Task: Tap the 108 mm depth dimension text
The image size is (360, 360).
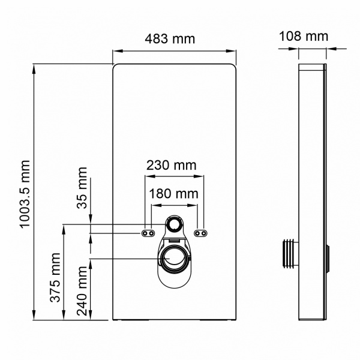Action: pyautogui.click(x=304, y=36)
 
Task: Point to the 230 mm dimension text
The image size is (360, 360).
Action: pyautogui.click(x=170, y=165)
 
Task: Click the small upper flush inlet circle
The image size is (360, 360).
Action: pyautogui.click(x=175, y=225)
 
